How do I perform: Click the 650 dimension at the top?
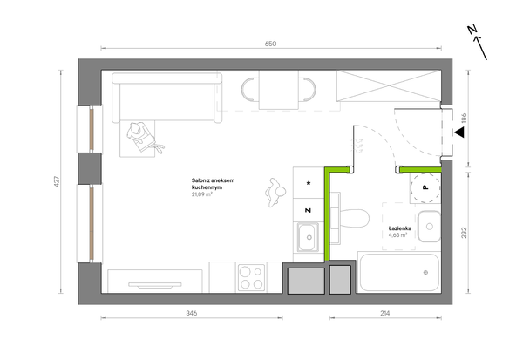pyautogui.click(x=270, y=44)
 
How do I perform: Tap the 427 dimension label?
pyautogui.click(x=57, y=181)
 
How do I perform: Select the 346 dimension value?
pyautogui.click(x=192, y=313)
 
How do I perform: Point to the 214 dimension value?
pyautogui.click(x=385, y=313)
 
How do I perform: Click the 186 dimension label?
pyautogui.click(x=464, y=119)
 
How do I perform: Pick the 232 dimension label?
pyautogui.click(x=464, y=233)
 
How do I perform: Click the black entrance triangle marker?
pyautogui.click(x=459, y=132)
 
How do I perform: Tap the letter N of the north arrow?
pyautogui.click(x=472, y=30)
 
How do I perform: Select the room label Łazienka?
pyautogui.click(x=399, y=228)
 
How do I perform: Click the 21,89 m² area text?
pyautogui.click(x=202, y=194)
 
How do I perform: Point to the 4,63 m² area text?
pyautogui.click(x=397, y=234)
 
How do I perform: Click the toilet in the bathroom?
pyautogui.click(x=350, y=219)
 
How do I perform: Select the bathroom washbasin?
pyautogui.click(x=429, y=227)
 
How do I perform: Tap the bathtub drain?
pyautogui.click(x=425, y=273)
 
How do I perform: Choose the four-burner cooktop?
pyautogui.click(x=252, y=277)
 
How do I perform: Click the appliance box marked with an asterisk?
pyautogui.click(x=309, y=183)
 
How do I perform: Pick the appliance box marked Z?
pyautogui.click(x=309, y=210)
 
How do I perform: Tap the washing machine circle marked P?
pyautogui.click(x=425, y=187)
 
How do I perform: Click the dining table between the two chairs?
pyautogui.click(x=279, y=90)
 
